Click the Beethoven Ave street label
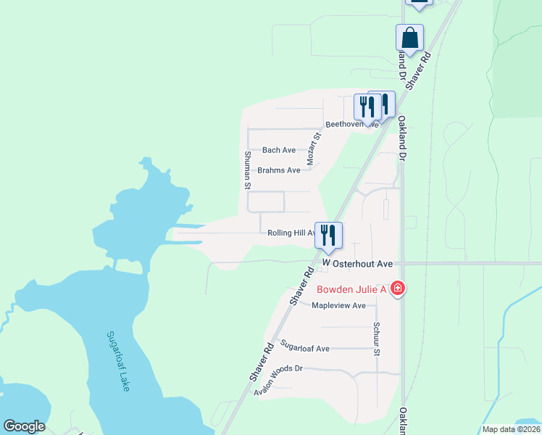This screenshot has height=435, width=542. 351,124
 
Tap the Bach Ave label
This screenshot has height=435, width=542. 279,150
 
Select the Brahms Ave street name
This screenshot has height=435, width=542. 279,170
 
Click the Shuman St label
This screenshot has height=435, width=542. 247,165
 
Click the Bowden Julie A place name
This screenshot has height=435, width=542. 351,289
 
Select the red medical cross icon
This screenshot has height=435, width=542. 397,289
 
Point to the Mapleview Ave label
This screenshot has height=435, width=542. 338,305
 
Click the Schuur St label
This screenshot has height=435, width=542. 377,339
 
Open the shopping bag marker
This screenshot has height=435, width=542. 409,38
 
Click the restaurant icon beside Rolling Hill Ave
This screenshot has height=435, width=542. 328,235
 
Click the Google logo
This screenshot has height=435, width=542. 24,426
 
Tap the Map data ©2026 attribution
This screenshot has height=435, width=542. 511,429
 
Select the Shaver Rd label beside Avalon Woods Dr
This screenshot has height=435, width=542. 261,363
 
